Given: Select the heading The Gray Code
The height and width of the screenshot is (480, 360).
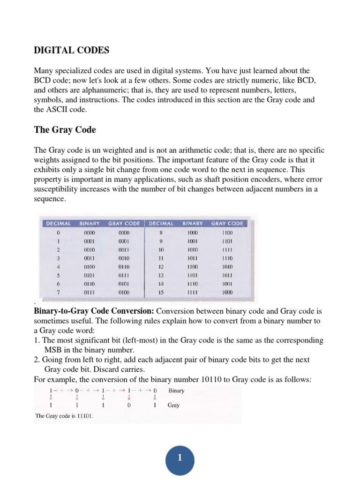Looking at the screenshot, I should [x=65, y=130].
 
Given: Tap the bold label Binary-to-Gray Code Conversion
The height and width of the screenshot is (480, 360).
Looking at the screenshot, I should [x=94, y=312].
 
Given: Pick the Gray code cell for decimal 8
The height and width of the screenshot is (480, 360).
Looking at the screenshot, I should [x=227, y=232].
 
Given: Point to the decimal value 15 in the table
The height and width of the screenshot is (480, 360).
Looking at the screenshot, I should [x=161, y=292].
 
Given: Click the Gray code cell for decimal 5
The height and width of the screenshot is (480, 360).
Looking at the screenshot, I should [x=124, y=275].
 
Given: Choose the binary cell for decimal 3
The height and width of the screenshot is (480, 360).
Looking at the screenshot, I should [x=89, y=258].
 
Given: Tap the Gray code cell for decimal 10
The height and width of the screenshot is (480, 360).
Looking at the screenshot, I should [x=227, y=250].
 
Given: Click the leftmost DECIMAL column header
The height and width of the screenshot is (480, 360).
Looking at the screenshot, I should [x=58, y=224].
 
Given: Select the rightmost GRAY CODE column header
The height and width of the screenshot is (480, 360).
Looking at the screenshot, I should [x=227, y=224].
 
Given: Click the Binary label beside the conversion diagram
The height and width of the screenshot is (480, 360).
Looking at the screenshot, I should [x=176, y=390].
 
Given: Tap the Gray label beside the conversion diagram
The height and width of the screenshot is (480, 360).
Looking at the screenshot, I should [x=173, y=405].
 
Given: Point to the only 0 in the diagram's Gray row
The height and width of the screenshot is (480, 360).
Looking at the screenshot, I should [x=129, y=405].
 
